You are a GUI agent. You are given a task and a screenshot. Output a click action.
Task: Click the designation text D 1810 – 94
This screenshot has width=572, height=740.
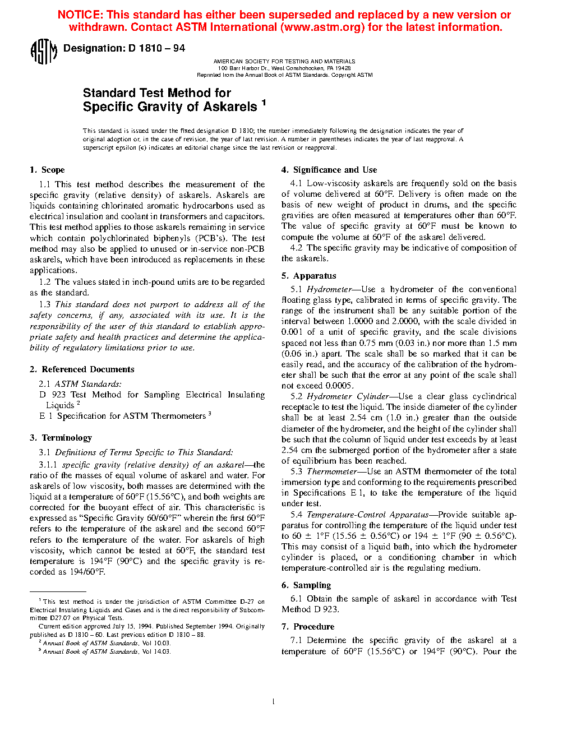pyautogui.click(x=156, y=48)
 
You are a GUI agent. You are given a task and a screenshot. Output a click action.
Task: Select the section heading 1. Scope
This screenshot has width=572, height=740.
pyautogui.click(x=47, y=170)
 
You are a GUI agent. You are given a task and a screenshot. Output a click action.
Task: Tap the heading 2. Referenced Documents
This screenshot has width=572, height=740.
pyautogui.click(x=82, y=369)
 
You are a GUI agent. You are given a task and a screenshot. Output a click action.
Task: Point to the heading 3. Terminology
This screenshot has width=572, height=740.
pyautogui.click(x=61, y=438)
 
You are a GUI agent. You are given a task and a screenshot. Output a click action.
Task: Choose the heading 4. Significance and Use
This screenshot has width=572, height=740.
pyautogui.click(x=329, y=170)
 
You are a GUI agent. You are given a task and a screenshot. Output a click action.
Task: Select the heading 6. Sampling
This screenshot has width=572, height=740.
pyautogui.click(x=306, y=585)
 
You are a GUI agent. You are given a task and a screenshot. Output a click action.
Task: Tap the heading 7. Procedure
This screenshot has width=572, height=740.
pyautogui.click(x=308, y=627)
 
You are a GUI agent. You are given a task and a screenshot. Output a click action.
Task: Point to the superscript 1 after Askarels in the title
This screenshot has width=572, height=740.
pyautogui.click(x=264, y=103)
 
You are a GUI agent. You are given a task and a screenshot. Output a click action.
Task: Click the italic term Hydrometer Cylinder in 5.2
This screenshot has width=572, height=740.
pyautogui.click(x=348, y=396)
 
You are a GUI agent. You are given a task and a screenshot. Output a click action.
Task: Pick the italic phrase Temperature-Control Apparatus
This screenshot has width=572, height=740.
pyautogui.click(x=367, y=515)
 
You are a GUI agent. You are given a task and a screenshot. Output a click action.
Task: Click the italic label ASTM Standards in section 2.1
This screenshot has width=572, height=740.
pyautogui.click(x=88, y=384)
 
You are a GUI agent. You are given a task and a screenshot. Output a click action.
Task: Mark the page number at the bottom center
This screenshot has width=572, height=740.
pyautogui.click(x=273, y=701)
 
